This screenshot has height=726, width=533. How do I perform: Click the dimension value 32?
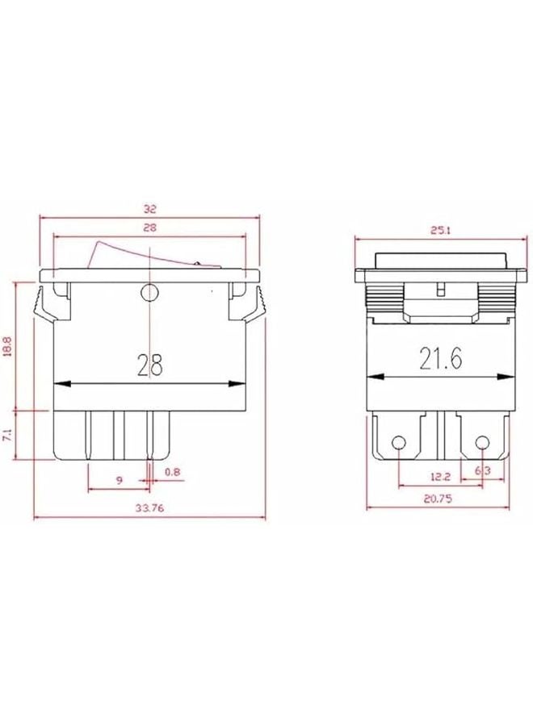point(149,207)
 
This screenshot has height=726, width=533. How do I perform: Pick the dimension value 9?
point(119,480)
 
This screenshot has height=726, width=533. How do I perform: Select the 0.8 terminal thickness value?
point(172,472)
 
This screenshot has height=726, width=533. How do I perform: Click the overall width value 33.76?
point(149,508)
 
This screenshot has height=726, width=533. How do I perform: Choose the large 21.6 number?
point(441,358)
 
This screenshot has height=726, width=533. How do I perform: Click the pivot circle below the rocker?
point(149,292)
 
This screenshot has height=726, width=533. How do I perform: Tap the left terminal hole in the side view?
point(398,443)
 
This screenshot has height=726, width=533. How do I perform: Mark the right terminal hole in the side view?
point(483,443)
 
